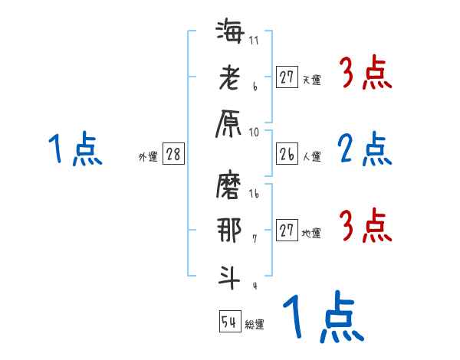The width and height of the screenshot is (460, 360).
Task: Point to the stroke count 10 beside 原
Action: click(255, 132)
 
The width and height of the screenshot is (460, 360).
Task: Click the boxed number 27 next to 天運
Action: click(287, 77)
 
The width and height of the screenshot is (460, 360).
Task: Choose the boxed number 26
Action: click(287, 154)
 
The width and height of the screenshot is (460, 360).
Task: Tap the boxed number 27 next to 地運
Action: click(287, 231)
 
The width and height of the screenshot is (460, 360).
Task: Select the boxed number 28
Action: click(173, 154)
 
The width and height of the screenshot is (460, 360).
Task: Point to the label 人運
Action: click(312, 156)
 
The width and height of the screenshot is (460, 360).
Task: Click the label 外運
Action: click(147, 157)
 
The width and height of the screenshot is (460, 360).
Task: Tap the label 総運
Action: click(255, 324)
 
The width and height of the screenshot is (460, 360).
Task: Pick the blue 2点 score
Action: click(364, 149)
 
